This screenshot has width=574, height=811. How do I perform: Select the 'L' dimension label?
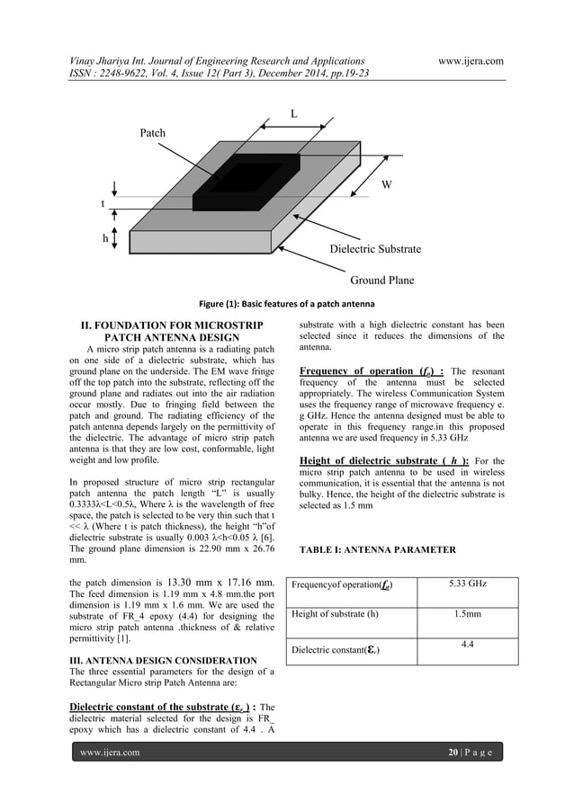[x=294, y=112]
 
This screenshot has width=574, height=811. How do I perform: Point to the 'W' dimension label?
[x=386, y=185]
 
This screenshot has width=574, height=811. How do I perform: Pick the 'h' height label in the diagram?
[x=105, y=239]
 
